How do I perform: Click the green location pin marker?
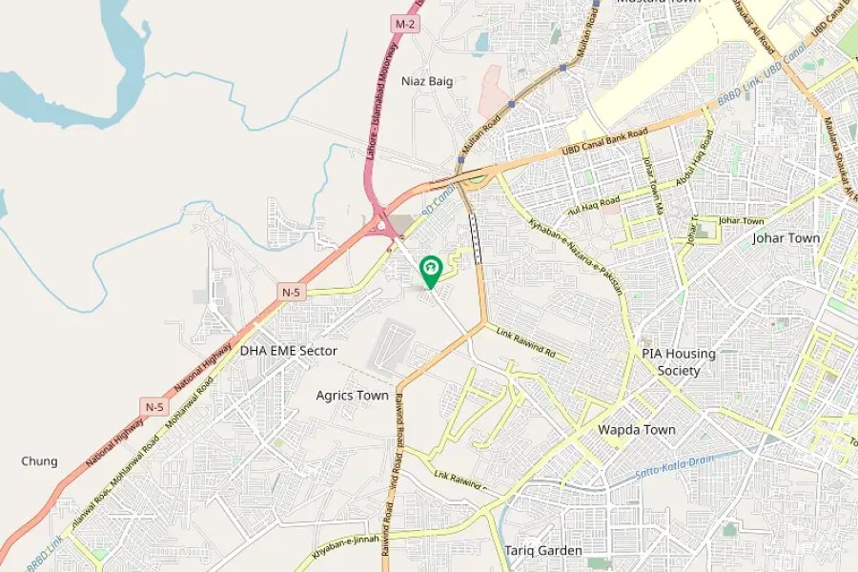(429, 271)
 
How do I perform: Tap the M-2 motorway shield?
(404, 22)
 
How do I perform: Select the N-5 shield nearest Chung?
(154, 407)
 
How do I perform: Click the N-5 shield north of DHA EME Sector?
(293, 291)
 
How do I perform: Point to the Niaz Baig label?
(427, 81)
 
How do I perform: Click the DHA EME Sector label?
(288, 351)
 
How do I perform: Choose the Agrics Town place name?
(352, 395)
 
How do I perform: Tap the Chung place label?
(39, 461)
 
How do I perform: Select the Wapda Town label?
(637, 430)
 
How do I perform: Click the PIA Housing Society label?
(678, 362)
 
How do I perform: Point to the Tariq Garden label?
(543, 551)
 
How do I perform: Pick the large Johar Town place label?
(786, 238)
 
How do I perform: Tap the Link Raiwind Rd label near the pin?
(525, 341)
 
